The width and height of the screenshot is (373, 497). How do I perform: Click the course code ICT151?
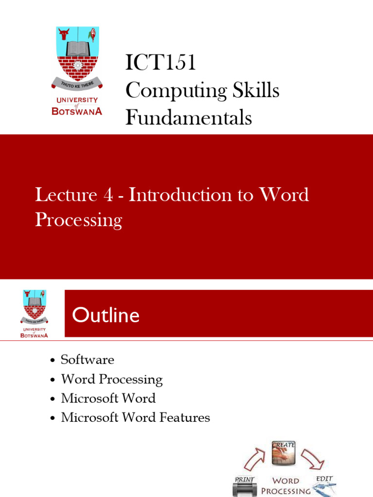(160, 63)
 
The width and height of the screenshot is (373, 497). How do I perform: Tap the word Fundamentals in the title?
(188, 118)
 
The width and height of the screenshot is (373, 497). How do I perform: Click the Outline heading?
(105, 316)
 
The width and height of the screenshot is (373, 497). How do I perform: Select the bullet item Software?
(87, 360)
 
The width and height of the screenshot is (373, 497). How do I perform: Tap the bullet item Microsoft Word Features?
(135, 417)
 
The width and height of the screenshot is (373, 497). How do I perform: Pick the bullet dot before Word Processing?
(52, 380)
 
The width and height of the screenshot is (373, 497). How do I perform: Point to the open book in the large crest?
(78, 49)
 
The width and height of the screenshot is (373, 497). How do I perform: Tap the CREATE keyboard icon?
(284, 453)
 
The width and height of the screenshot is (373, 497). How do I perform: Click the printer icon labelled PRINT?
(245, 487)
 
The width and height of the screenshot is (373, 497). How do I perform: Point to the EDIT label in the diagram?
(324, 479)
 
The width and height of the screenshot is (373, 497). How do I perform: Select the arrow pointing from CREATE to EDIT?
(309, 459)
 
